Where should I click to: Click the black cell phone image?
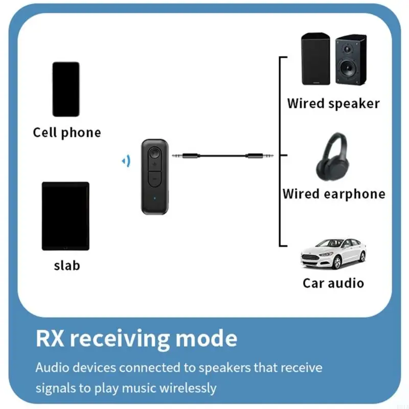tap(65, 89)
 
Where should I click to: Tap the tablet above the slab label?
tap(65, 216)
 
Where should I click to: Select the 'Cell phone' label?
tap(67, 132)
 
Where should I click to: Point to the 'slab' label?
tap(66, 265)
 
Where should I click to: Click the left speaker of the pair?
tap(315, 59)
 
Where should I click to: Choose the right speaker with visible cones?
tap(351, 59)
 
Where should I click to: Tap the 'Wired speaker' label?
tap(333, 103)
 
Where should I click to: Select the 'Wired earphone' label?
tap(334, 194)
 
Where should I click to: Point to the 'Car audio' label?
tap(333, 283)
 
